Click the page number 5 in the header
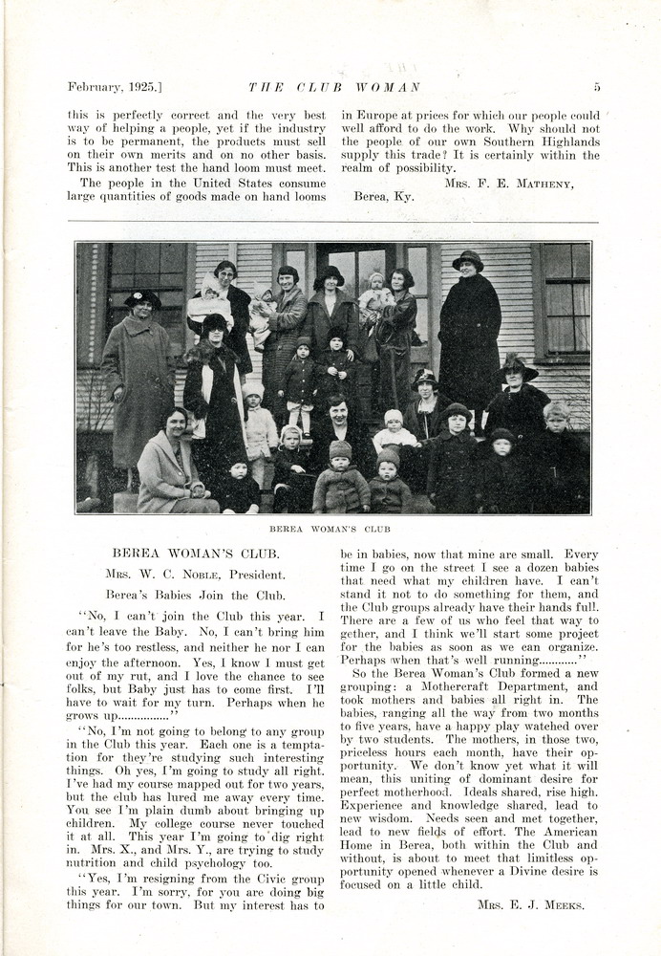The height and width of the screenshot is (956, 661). pos(597,87)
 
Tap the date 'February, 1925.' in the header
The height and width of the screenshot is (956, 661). pos(115,87)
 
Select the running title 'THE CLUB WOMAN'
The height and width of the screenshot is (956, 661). pos(334,87)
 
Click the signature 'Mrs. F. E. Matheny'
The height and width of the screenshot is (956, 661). pos(509,183)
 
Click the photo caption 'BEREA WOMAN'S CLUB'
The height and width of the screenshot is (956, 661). pos(330,529)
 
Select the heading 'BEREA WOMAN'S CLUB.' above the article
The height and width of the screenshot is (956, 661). pos(195,554)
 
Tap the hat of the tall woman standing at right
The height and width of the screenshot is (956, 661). pos(468,259)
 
